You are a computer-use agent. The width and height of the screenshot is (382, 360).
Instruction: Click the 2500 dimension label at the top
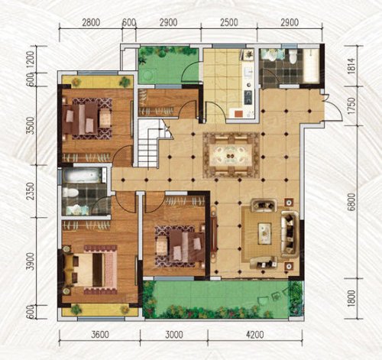[229, 22]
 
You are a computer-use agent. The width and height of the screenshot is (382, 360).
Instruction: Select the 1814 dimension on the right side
[351, 66]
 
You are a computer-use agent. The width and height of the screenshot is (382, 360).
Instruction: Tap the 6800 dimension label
[351, 202]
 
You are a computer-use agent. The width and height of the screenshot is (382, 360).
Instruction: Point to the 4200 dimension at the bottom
[254, 334]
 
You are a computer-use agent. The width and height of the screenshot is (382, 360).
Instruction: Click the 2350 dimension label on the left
[30, 191]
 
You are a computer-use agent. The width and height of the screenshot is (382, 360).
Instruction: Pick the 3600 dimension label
[100, 334]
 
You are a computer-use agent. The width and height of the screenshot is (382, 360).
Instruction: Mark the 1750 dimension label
[351, 105]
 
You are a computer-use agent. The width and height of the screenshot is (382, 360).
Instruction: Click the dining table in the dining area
[231, 154]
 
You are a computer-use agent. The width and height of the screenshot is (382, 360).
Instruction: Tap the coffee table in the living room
[265, 233]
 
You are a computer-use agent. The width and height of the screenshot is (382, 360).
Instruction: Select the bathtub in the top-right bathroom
[311, 65]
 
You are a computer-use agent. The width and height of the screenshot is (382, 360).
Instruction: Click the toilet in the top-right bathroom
[293, 56]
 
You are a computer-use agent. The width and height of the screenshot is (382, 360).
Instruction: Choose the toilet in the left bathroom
[70, 193]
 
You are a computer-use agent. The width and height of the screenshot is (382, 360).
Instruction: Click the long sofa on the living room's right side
[290, 234]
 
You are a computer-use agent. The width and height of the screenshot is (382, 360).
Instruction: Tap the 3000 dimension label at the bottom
[174, 334]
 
